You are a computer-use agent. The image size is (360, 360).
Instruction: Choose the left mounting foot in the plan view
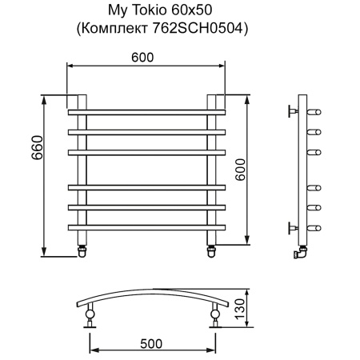pyautogui.click(x=90, y=317)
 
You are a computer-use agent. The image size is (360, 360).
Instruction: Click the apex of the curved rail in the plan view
pyautogui.click(x=152, y=292)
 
